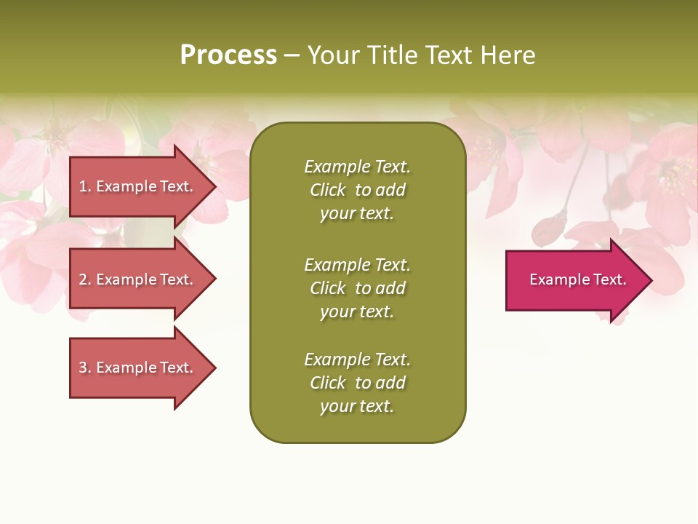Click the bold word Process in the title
pyautogui.click(x=228, y=55)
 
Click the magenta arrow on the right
pyautogui.click(x=574, y=280)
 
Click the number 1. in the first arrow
pyautogui.click(x=85, y=186)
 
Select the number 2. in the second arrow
pyautogui.click(x=85, y=279)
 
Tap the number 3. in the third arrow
pyautogui.click(x=85, y=368)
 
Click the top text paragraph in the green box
pyautogui.click(x=357, y=190)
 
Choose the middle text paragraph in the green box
pyautogui.click(x=357, y=288)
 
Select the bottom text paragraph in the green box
pyautogui.click(x=357, y=383)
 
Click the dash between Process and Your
pyautogui.click(x=292, y=56)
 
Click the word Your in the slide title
pyautogui.click(x=334, y=55)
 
